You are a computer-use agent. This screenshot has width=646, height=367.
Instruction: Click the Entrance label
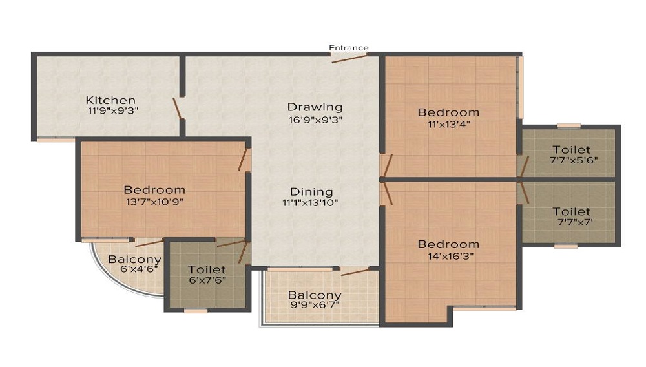pyautogui.click(x=349, y=48)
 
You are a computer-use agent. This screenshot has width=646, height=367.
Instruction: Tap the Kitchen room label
pyautogui.click(x=110, y=100)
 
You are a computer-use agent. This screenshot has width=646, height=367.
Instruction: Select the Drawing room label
pyautogui.click(x=315, y=107)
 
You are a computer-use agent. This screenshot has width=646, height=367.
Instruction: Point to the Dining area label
pyautogui.click(x=311, y=192)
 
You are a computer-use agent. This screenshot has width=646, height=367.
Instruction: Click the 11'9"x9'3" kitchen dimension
pyautogui.click(x=113, y=110)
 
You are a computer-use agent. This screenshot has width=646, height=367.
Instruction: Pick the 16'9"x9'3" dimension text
pyautogui.click(x=316, y=120)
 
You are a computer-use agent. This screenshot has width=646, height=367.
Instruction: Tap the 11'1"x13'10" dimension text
pyautogui.click(x=310, y=203)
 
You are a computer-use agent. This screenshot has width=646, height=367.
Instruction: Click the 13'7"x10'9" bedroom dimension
pyautogui.click(x=154, y=202)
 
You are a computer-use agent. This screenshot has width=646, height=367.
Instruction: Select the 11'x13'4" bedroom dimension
pyautogui.click(x=449, y=124)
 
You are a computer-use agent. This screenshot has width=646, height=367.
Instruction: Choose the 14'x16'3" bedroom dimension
pyautogui.click(x=450, y=256)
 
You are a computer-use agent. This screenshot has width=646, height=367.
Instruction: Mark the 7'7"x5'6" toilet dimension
pyautogui.click(x=574, y=160)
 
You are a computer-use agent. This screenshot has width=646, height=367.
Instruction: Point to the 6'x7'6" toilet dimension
pyautogui.click(x=207, y=280)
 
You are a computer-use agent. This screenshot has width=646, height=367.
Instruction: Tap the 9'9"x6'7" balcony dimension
pyautogui.click(x=315, y=305)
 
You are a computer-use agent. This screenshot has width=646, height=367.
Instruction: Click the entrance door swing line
pyautogui.click(x=349, y=58)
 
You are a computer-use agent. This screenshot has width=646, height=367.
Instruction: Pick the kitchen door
pyautogui.click(x=178, y=109)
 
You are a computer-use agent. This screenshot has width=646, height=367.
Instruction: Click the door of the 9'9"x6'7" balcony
pyautogui.click(x=355, y=271)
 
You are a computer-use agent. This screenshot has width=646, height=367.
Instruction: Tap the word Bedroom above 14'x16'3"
pyautogui.click(x=449, y=244)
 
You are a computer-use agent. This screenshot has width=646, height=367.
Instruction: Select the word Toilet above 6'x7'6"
pyautogui.click(x=207, y=270)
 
